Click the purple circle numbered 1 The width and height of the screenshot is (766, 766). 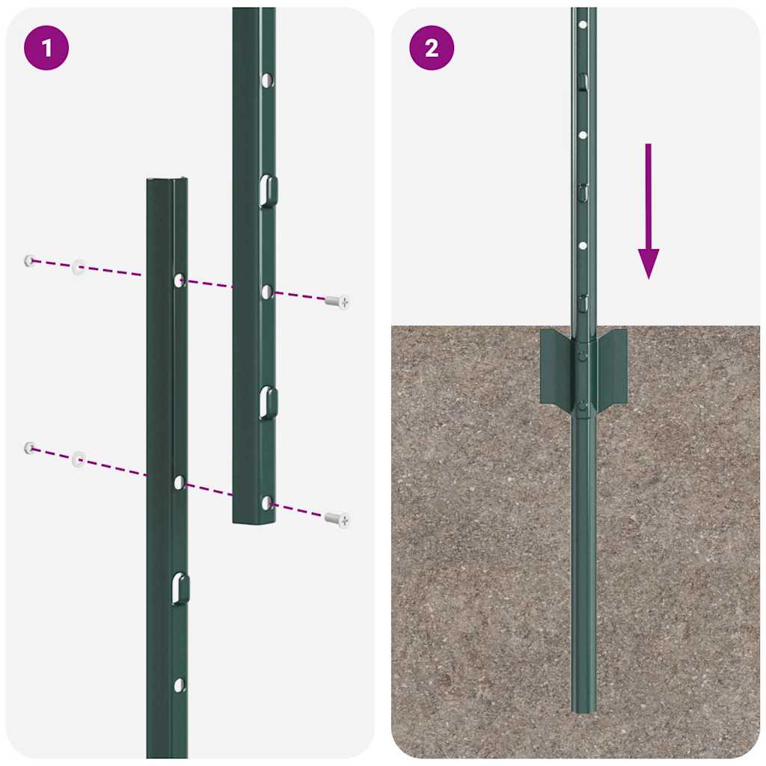(x=46, y=49)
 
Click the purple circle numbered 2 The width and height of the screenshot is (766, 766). (x=432, y=49)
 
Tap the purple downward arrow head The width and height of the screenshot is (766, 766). (x=649, y=263)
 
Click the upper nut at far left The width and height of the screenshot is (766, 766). (x=29, y=260)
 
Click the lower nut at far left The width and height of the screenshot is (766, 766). (x=29, y=447)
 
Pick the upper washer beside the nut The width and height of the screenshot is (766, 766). (x=79, y=267)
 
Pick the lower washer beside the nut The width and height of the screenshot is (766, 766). (x=79, y=459)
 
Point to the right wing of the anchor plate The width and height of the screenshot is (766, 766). (x=612, y=368)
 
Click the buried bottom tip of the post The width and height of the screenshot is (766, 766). (x=583, y=707)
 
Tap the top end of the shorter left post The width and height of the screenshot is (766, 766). (x=167, y=180)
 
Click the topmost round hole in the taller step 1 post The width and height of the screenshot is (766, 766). (x=267, y=78)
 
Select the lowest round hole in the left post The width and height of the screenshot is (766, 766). (x=179, y=684)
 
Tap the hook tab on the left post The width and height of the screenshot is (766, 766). (x=179, y=588)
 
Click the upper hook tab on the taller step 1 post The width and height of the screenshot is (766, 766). (x=268, y=190)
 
